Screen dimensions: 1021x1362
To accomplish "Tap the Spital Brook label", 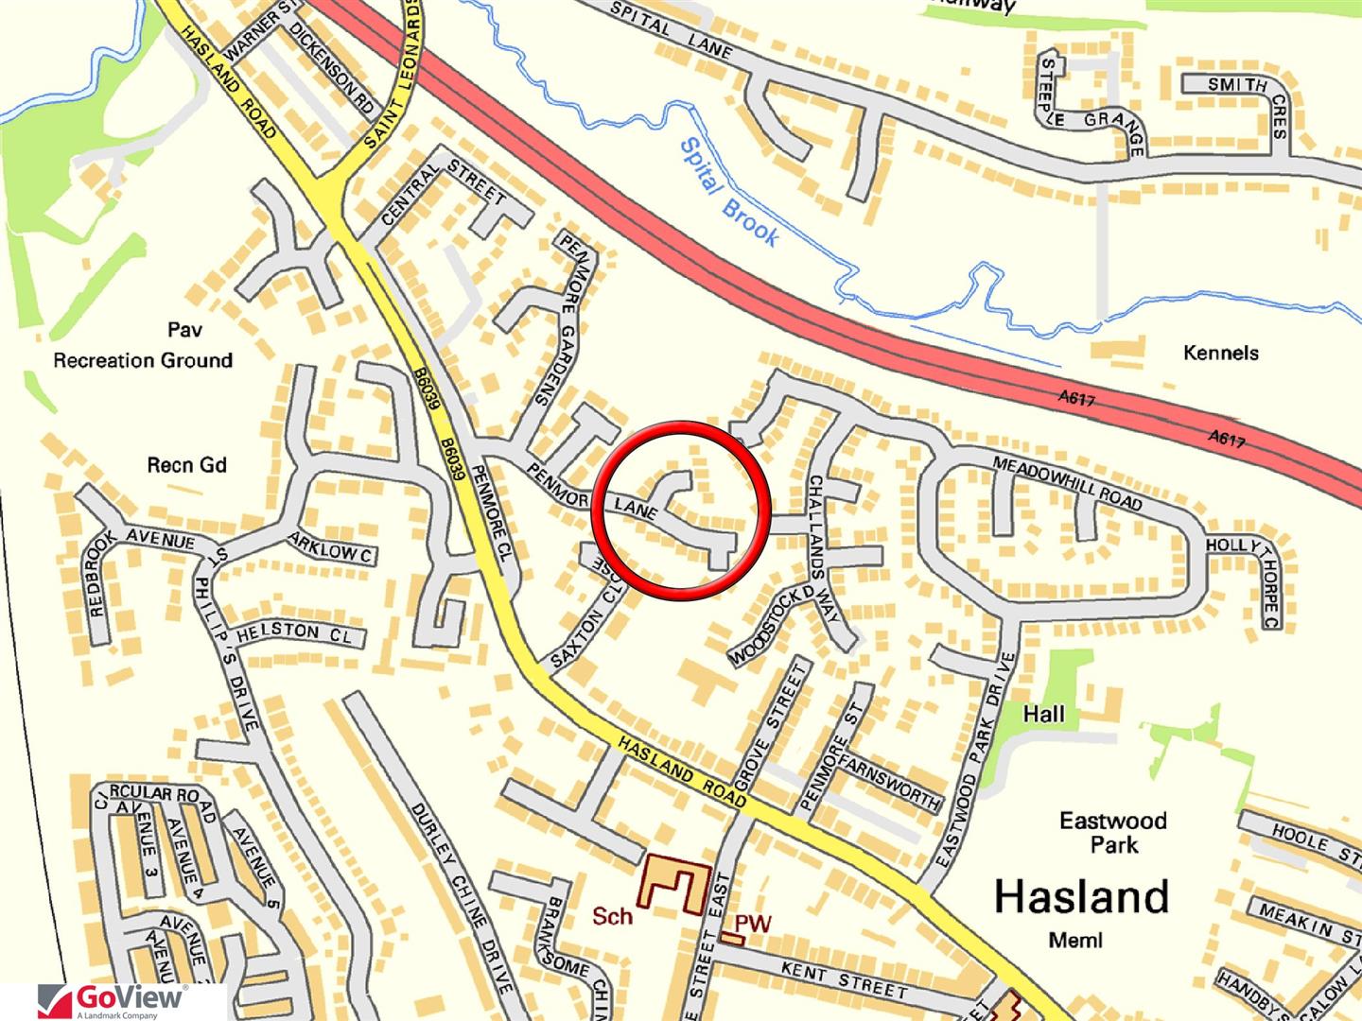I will (729, 192).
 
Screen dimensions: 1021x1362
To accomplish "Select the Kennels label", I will (1221, 353).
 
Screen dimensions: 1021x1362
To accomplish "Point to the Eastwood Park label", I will (1112, 831).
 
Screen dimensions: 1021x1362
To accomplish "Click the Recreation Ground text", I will (143, 360).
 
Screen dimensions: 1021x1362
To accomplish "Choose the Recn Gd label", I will (187, 465).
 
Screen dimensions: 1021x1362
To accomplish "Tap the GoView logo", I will (113, 1001).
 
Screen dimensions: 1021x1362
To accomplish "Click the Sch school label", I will (612, 915).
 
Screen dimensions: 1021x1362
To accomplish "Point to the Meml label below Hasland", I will (1076, 940).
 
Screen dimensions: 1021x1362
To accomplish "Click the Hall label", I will (1043, 714).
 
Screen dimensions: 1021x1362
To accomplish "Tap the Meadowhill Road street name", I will (1066, 482).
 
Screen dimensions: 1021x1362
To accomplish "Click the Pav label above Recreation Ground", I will (185, 330).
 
